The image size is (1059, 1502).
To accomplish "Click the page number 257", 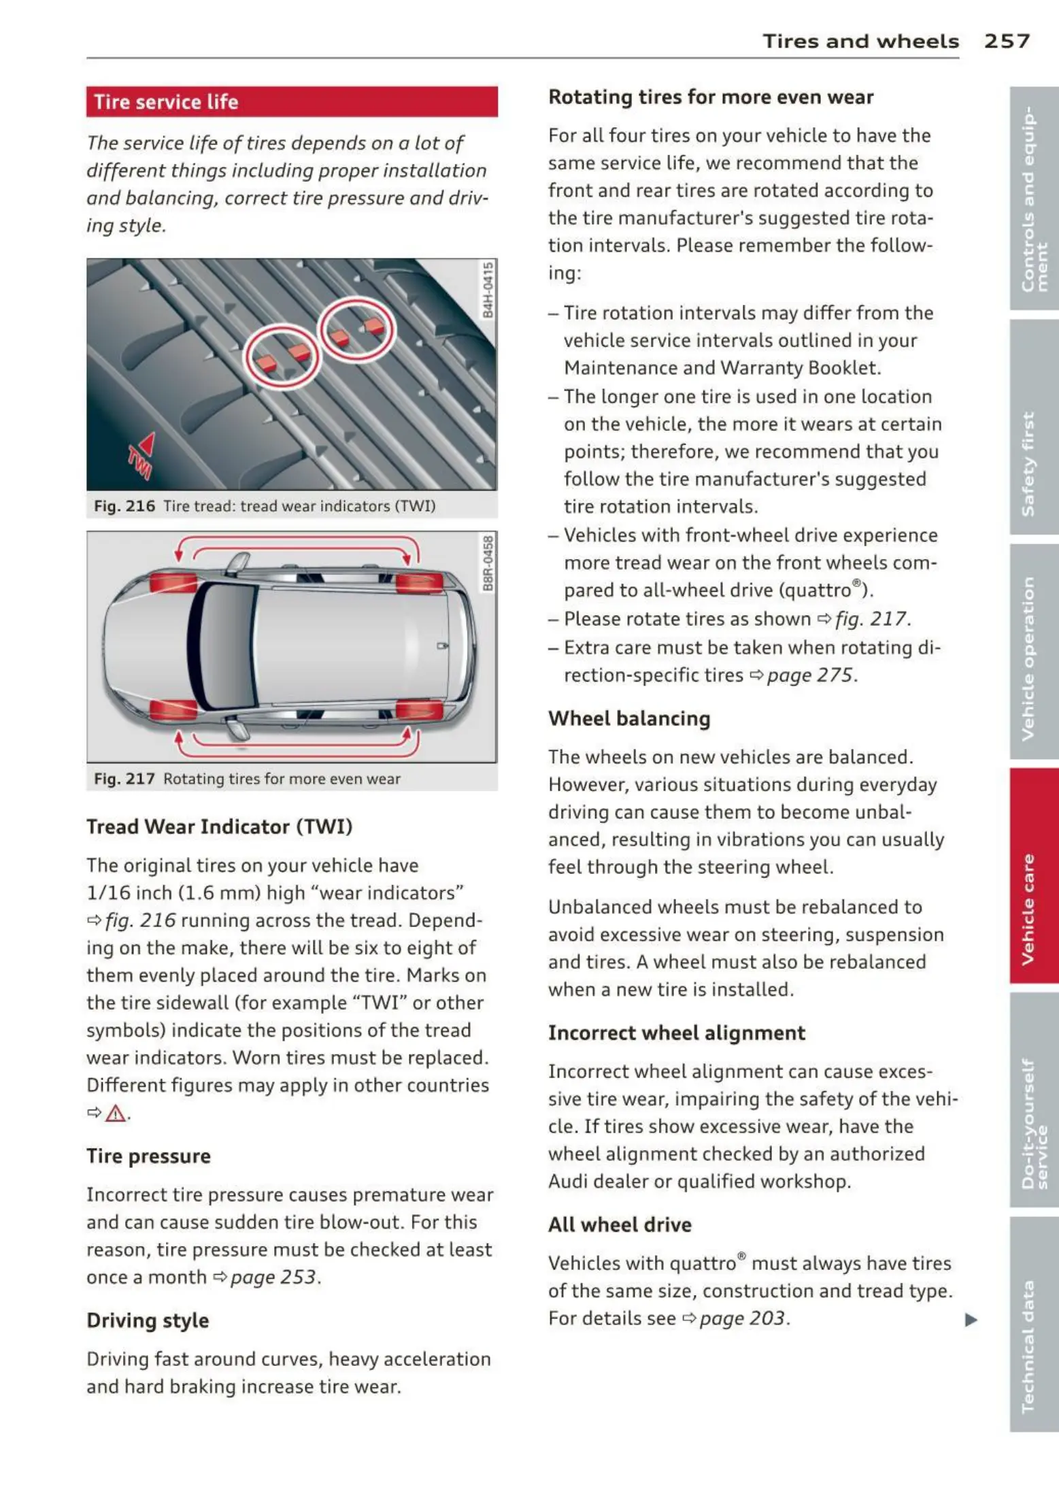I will point(1006,41).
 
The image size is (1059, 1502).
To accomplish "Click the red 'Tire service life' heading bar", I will point(292,102).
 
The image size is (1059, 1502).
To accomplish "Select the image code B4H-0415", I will point(488,290).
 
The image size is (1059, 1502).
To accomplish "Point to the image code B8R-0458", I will point(488,564).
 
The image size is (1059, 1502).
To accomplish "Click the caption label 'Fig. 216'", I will point(124,506).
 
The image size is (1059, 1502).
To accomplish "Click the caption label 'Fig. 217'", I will point(124,779).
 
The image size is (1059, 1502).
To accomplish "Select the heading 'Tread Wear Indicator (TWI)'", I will point(219,827).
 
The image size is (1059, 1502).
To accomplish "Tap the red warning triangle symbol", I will point(116,1114).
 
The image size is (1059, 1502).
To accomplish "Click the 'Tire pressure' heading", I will point(148,1156).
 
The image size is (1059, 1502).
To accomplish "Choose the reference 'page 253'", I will point(273,1277).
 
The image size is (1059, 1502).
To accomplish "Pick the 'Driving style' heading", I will point(148,1320).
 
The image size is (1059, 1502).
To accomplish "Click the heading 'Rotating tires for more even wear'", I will point(711,97).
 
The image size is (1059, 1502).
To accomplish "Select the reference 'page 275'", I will point(809,675).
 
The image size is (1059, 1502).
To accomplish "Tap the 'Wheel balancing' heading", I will point(629,718).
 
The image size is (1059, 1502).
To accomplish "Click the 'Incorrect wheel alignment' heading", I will point(677,1033).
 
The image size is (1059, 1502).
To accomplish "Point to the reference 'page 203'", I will point(742,1318).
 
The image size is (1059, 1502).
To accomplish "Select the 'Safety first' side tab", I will point(1033,463).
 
